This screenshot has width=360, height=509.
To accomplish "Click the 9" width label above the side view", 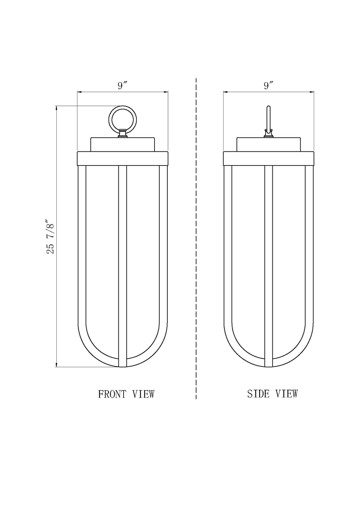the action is (268, 85).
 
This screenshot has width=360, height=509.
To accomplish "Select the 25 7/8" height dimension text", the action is (50, 237).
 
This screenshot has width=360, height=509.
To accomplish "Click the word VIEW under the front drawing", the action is (143, 394).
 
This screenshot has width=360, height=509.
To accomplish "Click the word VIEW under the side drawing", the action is (286, 394).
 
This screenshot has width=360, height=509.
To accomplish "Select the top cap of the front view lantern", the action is (123, 144).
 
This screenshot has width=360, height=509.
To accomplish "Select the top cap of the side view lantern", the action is (268, 144).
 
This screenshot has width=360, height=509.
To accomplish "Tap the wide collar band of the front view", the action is (123, 158).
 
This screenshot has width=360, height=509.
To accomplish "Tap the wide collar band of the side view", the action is (268, 158).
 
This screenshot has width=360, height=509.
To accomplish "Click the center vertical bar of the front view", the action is (123, 266).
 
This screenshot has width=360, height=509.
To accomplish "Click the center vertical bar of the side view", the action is (268, 266).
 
